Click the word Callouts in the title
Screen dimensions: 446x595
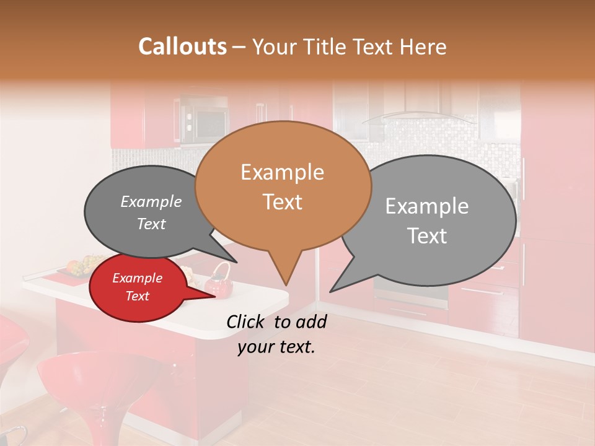182,46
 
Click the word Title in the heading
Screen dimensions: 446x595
325,46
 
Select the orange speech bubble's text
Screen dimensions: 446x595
283,186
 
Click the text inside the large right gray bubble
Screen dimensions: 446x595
427,221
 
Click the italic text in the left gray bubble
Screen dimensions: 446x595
151,212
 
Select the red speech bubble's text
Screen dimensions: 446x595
137,287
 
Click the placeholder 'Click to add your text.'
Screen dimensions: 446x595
276,334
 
